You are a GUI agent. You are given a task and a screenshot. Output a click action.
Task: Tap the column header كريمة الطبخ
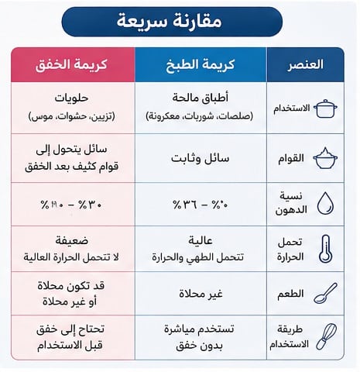point(200,64)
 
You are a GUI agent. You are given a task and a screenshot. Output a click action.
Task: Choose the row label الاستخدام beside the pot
point(289,108)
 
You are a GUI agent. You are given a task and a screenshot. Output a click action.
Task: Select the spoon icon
point(326,294)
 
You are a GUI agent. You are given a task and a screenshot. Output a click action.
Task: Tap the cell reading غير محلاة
point(200,294)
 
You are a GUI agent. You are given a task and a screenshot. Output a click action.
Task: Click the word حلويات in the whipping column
point(72,99)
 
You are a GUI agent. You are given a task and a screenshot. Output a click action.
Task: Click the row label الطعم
point(290,294)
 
